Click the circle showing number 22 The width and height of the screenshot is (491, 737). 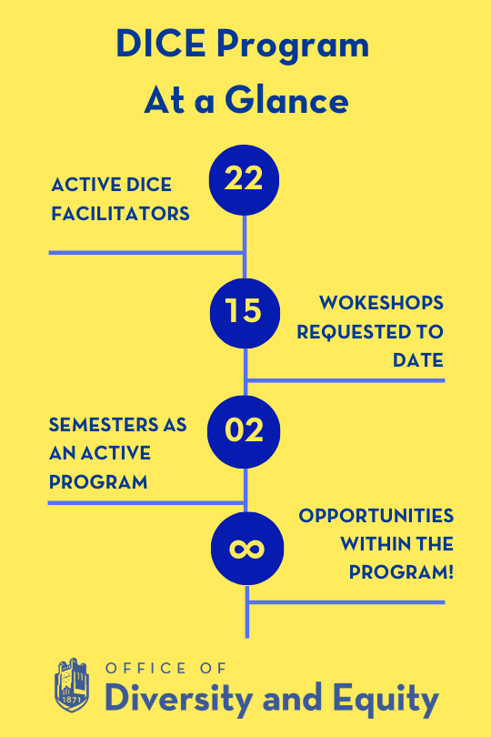[244, 179]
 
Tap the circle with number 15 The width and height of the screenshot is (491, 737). [244, 312]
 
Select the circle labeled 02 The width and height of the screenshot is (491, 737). [244, 429]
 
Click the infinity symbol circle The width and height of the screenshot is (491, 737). [246, 549]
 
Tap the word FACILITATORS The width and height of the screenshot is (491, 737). [120, 214]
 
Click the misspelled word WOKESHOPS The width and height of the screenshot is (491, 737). [381, 303]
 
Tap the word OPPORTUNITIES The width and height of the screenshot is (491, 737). [376, 516]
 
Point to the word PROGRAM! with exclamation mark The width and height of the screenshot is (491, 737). [402, 573]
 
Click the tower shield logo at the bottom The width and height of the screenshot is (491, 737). [72, 685]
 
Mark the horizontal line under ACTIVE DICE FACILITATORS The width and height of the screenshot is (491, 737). [145, 252]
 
